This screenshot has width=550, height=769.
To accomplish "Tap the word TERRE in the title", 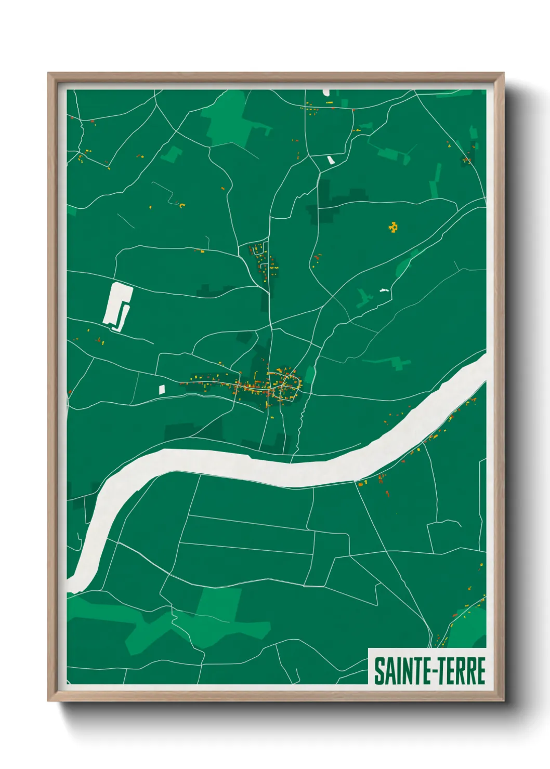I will coord(460,671).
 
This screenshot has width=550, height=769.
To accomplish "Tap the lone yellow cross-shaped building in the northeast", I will coord(394,227).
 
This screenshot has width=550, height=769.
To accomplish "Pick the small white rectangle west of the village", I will coord(161,388).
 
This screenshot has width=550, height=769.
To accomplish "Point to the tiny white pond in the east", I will coord(384,289).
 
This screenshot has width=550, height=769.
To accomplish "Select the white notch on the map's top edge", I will coord(326,92).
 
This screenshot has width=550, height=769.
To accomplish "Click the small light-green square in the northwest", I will coord(171,154).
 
